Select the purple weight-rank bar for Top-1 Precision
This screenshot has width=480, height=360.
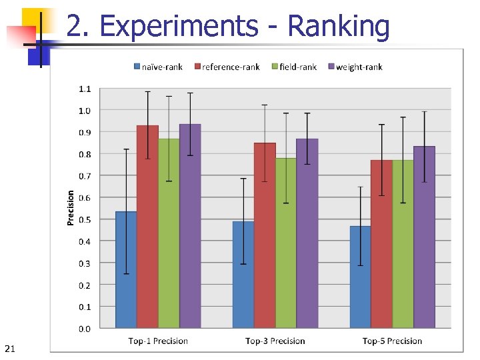[x=190, y=226]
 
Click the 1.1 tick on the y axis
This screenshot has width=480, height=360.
[x=85, y=89]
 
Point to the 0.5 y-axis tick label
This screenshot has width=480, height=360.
[x=85, y=220]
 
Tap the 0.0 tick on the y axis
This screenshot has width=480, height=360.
[x=85, y=329]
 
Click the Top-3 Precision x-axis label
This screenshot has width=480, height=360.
[x=275, y=341]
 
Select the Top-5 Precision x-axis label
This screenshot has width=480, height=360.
[x=392, y=341]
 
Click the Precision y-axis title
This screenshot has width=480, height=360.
[x=71, y=208]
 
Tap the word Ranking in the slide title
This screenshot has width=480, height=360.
[x=338, y=27]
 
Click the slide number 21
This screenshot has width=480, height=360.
[x=9, y=349]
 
